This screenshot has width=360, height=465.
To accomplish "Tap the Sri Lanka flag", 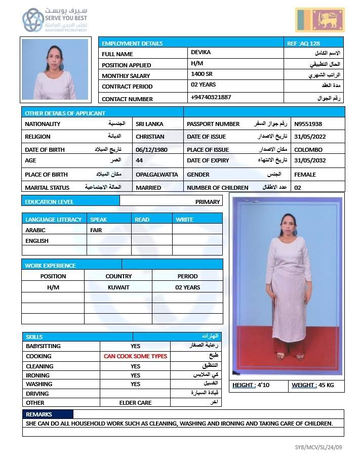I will [x=319, y=20].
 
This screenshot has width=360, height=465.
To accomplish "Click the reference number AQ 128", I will [x=303, y=44].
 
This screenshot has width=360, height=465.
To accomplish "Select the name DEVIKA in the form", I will [x=201, y=52].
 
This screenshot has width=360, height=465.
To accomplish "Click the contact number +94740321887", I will [x=211, y=97].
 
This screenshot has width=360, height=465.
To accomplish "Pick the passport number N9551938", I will [x=308, y=124].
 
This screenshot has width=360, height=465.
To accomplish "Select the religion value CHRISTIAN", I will [x=150, y=137].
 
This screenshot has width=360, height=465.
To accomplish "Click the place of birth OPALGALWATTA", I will [x=156, y=175].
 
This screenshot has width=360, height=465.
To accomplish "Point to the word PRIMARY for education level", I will [x=208, y=202].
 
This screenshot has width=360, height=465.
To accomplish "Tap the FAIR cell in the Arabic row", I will [x=96, y=230].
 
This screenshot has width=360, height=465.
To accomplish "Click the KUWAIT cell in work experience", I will [x=118, y=287].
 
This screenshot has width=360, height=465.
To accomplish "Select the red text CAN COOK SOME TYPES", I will [x=135, y=356].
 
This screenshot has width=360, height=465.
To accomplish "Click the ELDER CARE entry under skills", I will [x=135, y=403].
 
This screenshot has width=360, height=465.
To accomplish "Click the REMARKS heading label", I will [x=39, y=414].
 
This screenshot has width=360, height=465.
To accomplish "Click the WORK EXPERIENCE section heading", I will [x=50, y=266].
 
